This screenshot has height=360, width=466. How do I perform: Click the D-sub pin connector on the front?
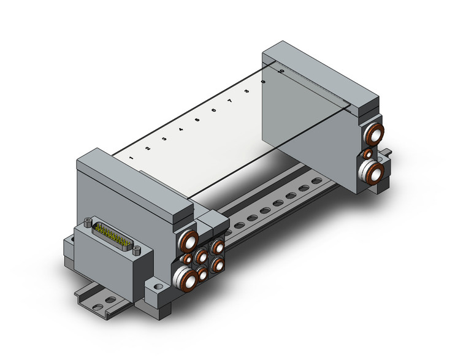click(113, 238)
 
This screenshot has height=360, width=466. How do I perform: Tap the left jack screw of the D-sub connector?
click(91, 221)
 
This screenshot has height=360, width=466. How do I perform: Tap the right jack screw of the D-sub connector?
click(136, 250)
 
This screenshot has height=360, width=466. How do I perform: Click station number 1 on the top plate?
click(132, 158)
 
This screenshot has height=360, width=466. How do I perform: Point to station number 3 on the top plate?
click(164, 139)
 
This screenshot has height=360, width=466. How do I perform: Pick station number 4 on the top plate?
click(181, 129)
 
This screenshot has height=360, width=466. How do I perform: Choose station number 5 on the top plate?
click(197, 120)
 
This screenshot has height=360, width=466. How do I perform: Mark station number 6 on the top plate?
click(213, 110)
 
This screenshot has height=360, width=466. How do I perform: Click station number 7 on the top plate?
click(230, 101)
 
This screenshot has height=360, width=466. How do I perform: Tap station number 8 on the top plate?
click(246, 91)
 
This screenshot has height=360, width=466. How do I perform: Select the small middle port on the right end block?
click(367, 153)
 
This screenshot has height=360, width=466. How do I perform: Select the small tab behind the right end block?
click(388, 151)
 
